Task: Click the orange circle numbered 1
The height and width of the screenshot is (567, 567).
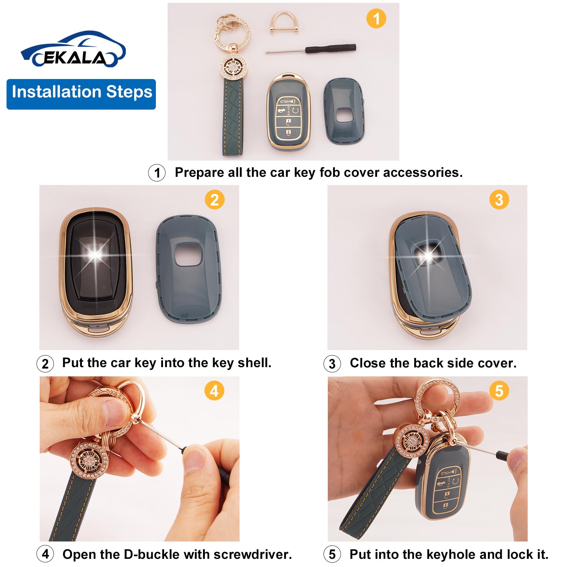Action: pyautogui.click(x=376, y=18)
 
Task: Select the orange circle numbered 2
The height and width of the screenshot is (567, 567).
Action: pyautogui.click(x=214, y=200)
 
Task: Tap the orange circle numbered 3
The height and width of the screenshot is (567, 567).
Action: pyautogui.click(x=499, y=200)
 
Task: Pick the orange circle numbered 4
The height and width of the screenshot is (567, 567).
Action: pyautogui.click(x=214, y=391)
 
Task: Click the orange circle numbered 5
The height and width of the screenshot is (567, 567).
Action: pyautogui.click(x=499, y=391)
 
